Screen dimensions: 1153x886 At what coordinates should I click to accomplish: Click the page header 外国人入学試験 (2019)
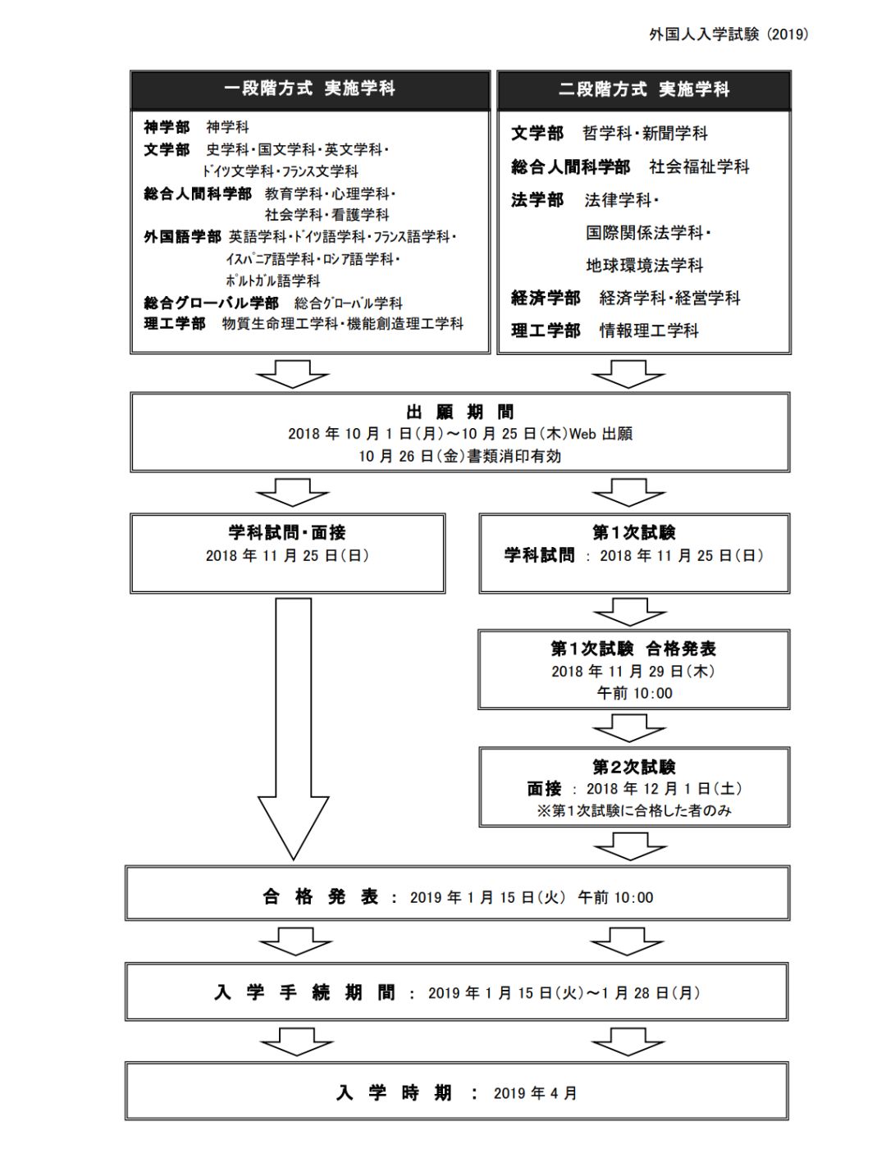point(728,34)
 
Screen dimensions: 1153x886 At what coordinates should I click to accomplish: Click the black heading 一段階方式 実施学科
point(310,89)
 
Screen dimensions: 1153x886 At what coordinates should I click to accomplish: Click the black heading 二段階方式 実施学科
point(644,89)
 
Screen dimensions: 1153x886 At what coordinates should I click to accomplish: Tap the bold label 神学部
point(167,127)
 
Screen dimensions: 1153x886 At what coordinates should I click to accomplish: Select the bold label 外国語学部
point(182,237)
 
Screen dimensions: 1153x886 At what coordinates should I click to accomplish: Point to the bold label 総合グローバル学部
point(211,303)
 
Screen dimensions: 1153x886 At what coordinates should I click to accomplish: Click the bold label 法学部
point(537,200)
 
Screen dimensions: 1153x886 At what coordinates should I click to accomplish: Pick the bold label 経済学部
point(546,298)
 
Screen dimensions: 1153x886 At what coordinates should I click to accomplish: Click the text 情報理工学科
point(649,330)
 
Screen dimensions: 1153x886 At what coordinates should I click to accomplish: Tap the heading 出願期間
point(459,412)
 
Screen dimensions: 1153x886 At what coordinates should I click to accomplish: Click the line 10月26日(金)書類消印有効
point(459,456)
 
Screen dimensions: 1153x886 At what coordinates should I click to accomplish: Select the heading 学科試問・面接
point(287,533)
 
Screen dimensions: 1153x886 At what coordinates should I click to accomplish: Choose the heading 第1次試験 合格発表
point(633,649)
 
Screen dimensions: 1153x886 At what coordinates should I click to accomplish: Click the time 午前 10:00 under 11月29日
point(634,694)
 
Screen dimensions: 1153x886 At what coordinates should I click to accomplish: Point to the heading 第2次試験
point(634,767)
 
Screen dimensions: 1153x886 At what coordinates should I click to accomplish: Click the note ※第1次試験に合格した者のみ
point(633,811)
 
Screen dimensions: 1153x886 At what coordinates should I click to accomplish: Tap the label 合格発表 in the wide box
point(321,897)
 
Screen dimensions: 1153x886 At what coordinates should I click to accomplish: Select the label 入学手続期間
point(304,993)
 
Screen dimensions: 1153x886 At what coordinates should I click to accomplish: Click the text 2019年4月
point(536,1093)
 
